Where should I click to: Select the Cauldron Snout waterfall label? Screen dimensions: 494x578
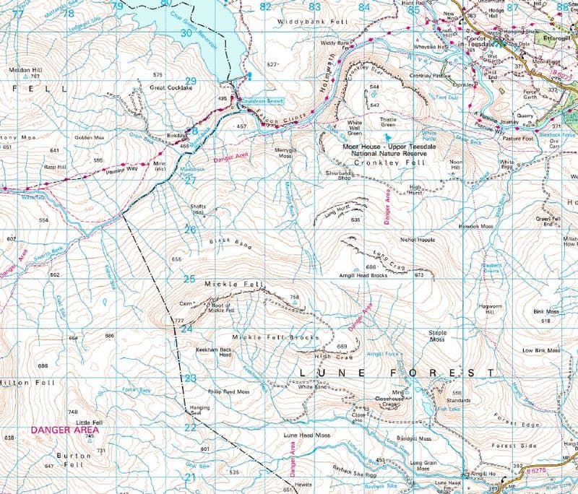[x=262, y=101]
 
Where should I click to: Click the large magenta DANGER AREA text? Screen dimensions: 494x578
[x=65, y=429]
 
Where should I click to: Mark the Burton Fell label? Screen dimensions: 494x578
[x=75, y=460]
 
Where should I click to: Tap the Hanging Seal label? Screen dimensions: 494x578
[x=199, y=411]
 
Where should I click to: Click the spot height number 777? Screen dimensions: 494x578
[x=179, y=320]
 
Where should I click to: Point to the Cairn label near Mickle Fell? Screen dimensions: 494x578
[x=189, y=303]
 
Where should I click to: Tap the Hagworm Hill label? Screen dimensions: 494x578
[x=493, y=309]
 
